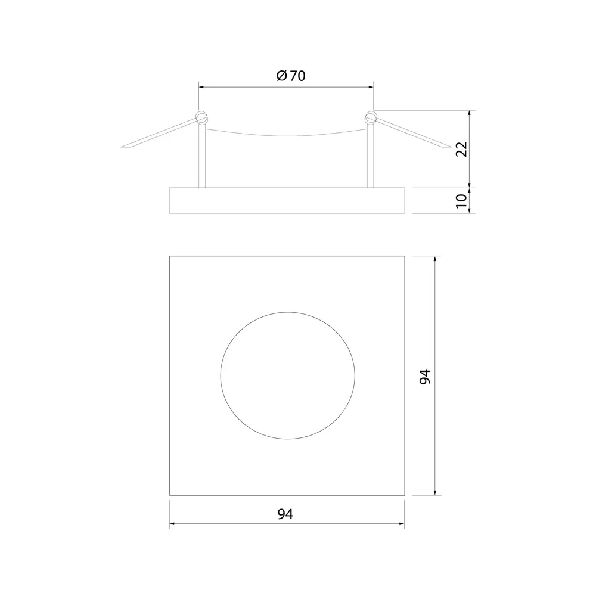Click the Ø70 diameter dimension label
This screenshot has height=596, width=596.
[291, 76]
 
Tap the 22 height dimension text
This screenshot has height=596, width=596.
[461, 150]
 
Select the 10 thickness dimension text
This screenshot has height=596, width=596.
[461, 200]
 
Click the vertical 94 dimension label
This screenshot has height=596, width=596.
[425, 376]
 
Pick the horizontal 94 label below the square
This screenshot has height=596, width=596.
[285, 514]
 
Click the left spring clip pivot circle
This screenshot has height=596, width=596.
[201, 117]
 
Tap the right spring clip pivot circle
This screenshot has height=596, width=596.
[371, 117]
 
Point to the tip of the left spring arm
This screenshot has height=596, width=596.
[121, 147]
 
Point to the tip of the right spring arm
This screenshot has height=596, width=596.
[451, 147]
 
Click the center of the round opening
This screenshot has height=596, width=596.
[288, 375]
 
